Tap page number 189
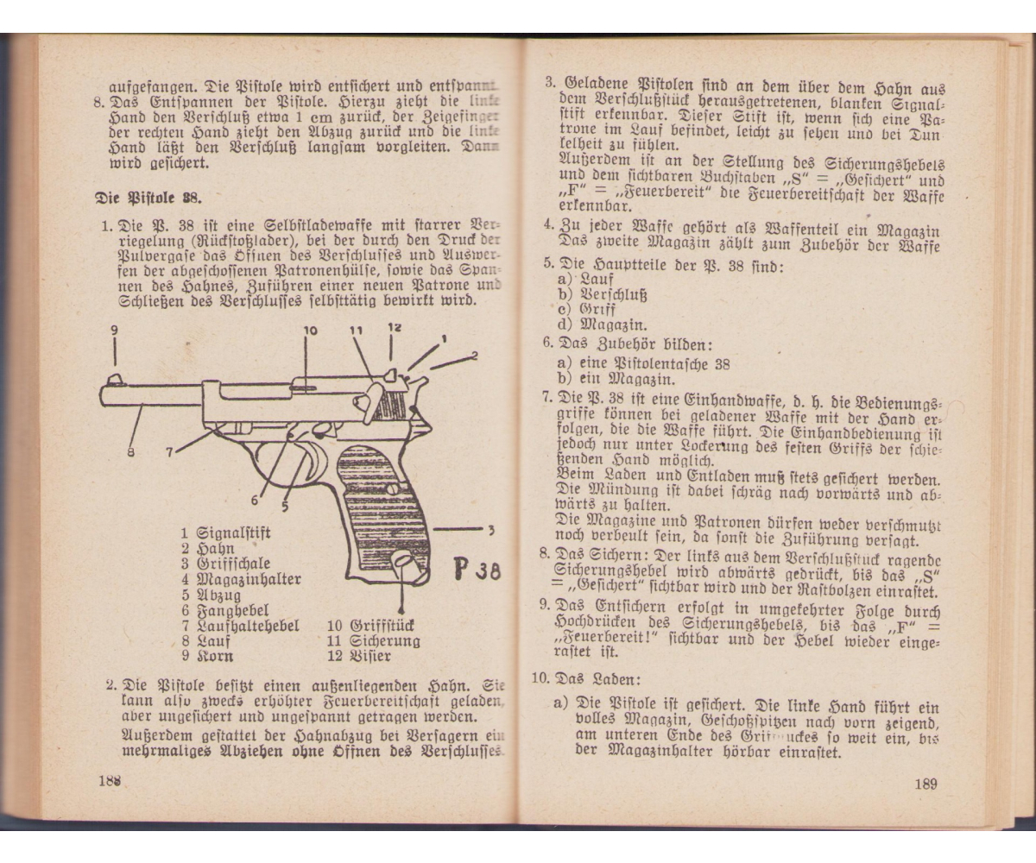pyautogui.click(x=925, y=784)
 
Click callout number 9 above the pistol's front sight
pyautogui.click(x=114, y=331)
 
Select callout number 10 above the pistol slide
pyautogui.click(x=310, y=331)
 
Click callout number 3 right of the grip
pyautogui.click(x=490, y=529)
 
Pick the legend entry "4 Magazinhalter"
pyautogui.click(x=241, y=579)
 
